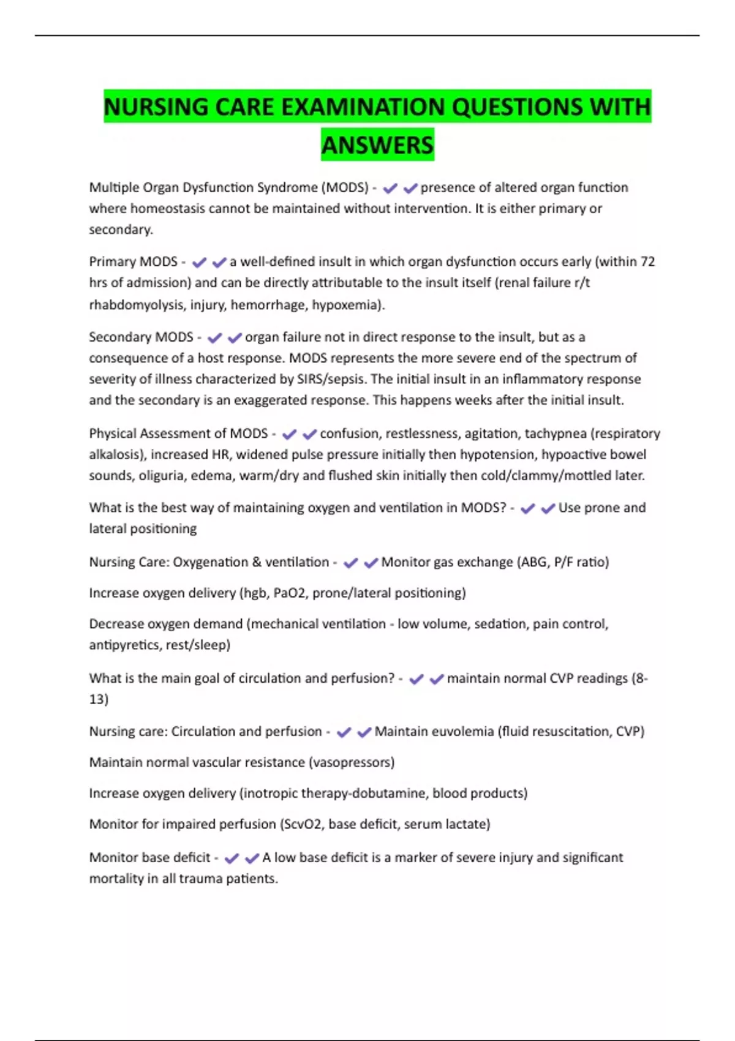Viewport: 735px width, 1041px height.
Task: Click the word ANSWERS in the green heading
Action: [377, 146]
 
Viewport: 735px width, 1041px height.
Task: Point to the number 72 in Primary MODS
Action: [647, 262]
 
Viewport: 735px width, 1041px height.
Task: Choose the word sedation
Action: [499, 624]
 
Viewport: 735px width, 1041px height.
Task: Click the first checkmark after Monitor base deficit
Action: [232, 859]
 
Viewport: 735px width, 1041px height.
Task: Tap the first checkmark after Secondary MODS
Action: [214, 338]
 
